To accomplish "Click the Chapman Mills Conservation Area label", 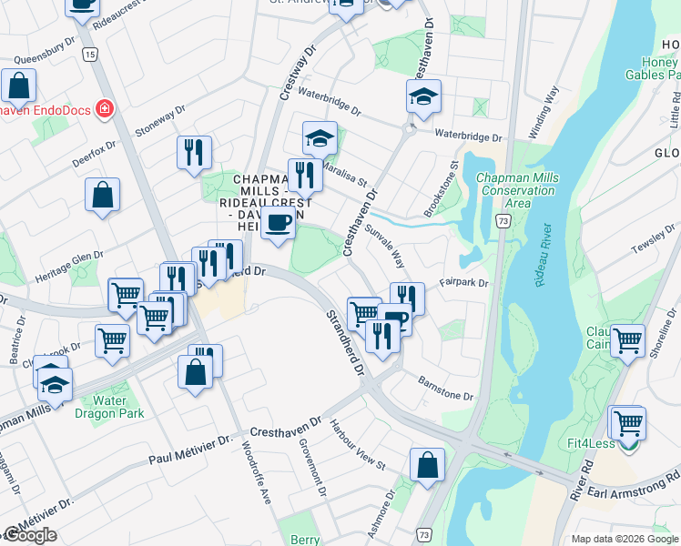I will (517, 190).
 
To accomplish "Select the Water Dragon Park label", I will (117, 407).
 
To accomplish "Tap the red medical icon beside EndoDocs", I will (104, 109).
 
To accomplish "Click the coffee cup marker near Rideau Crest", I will (278, 221).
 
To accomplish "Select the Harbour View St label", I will (358, 445).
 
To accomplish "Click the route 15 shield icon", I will (88, 55).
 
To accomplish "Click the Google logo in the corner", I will (30, 535).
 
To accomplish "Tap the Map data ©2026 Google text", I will (624, 539).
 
